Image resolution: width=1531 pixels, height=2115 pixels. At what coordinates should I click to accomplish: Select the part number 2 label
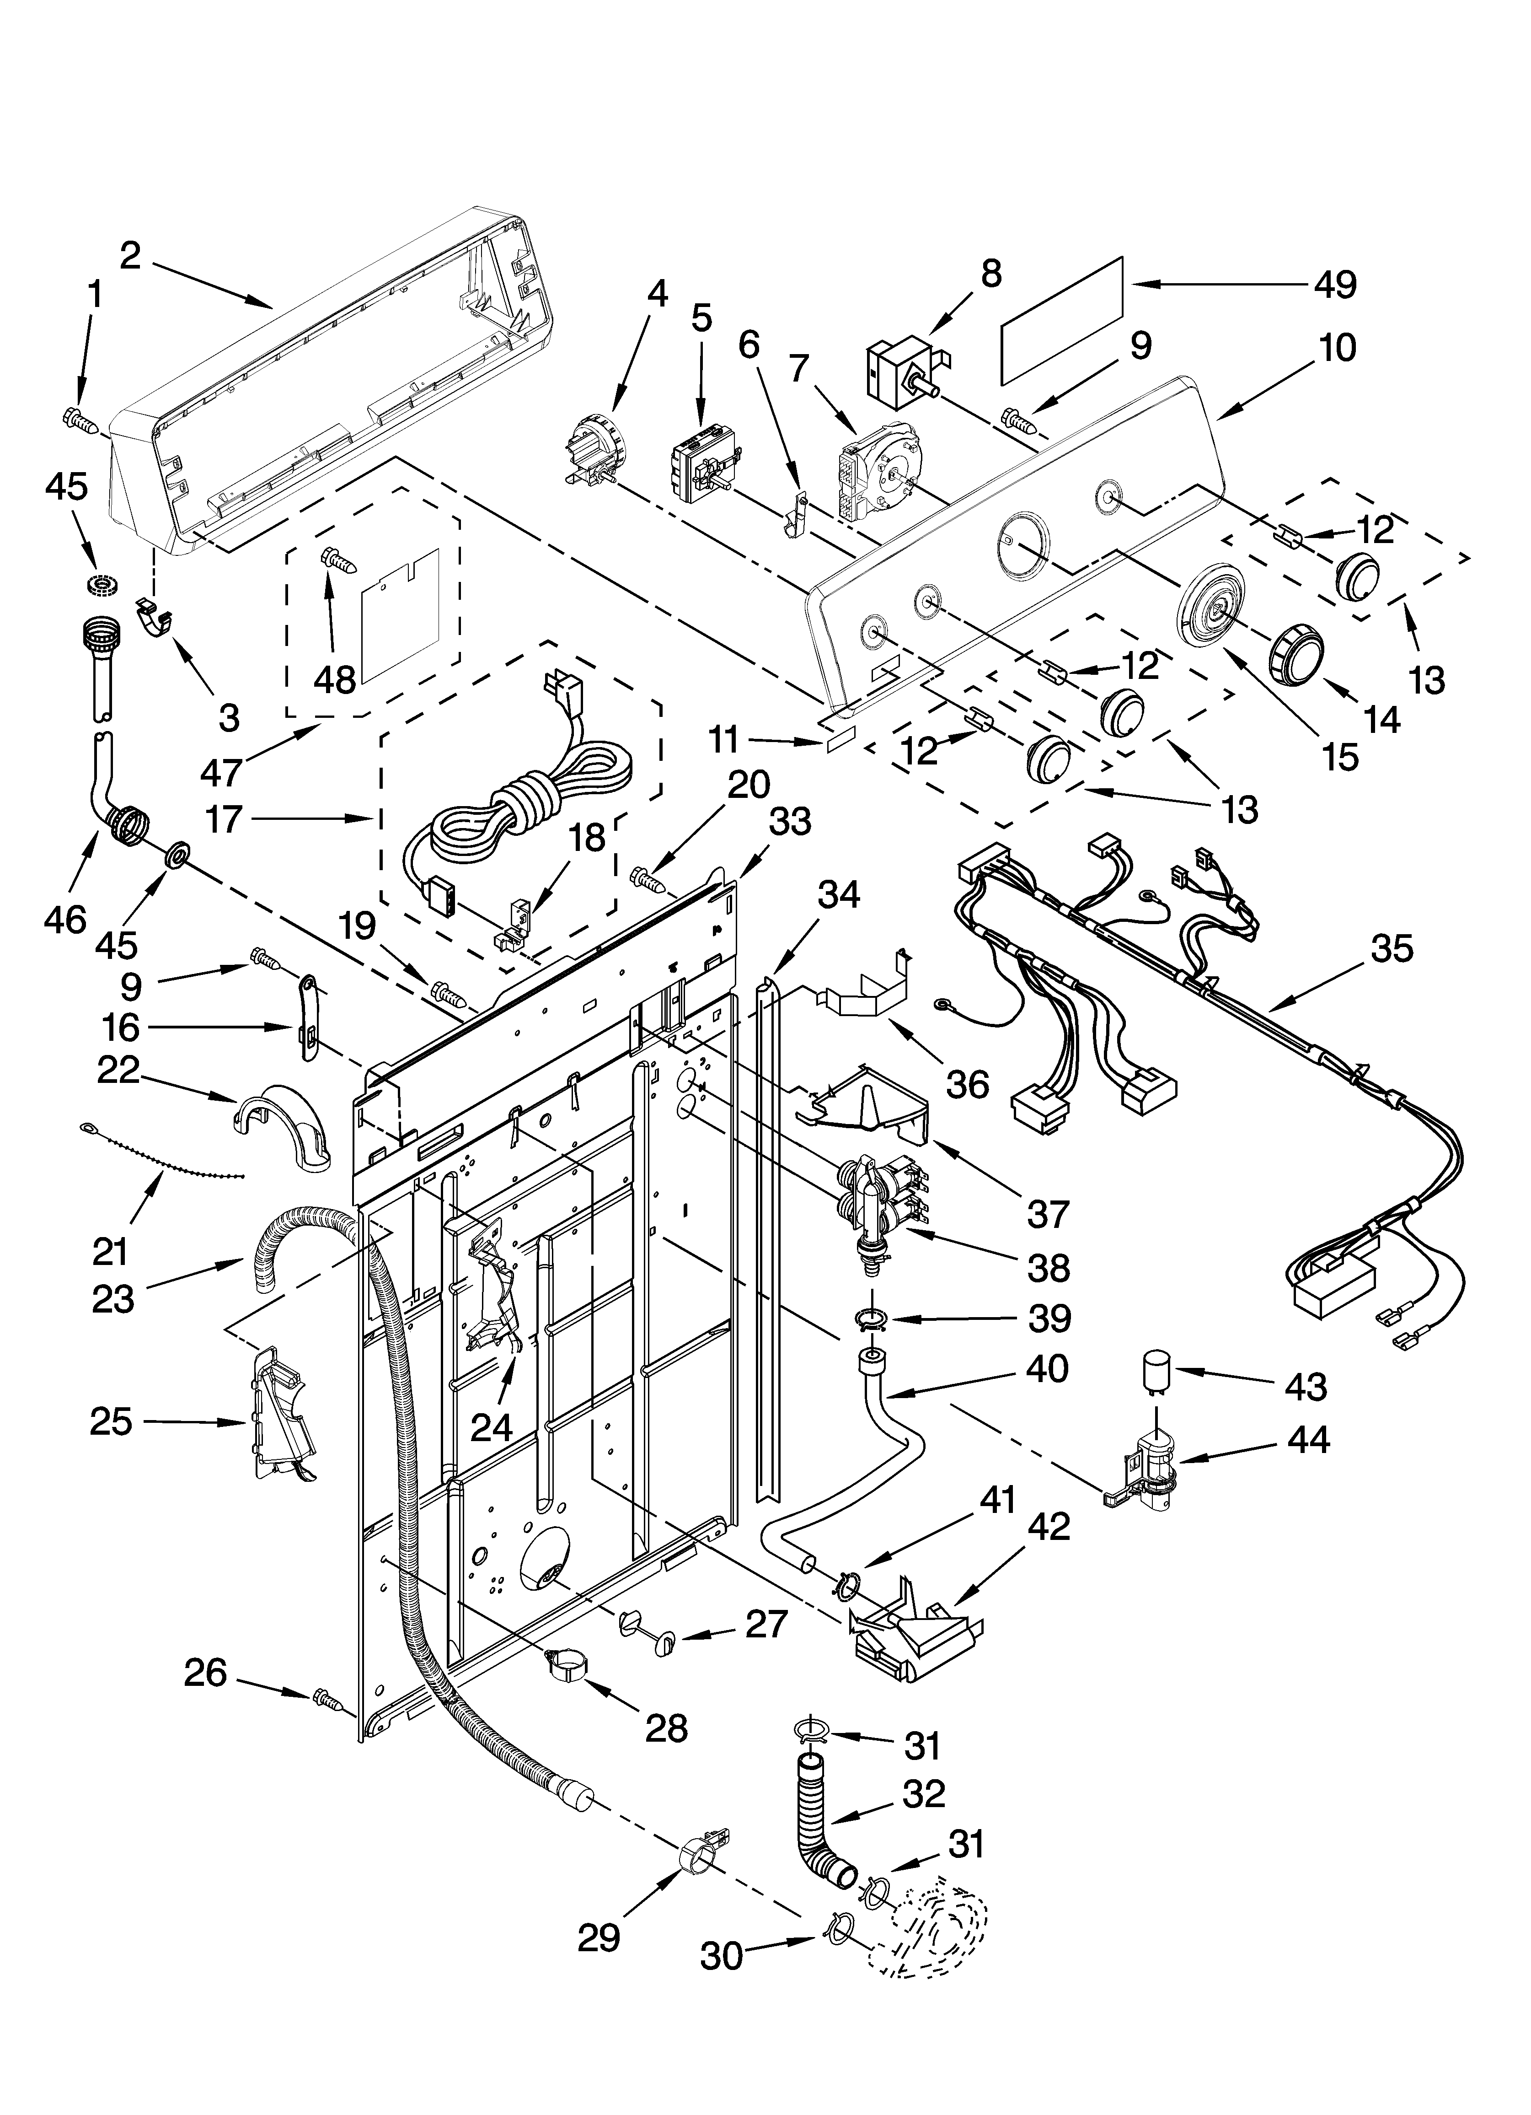click(130, 254)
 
